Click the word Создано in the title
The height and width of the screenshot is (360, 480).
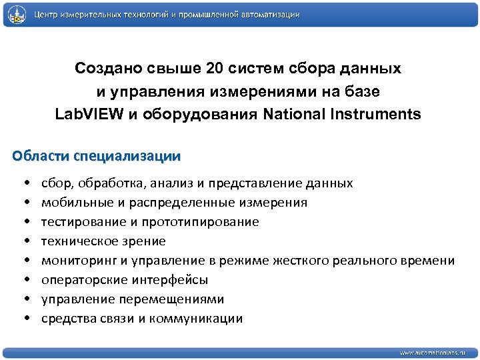[104, 69]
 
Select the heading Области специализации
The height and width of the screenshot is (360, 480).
[96, 157]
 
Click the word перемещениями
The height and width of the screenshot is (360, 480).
[180, 299]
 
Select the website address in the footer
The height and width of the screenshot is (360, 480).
[433, 352]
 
